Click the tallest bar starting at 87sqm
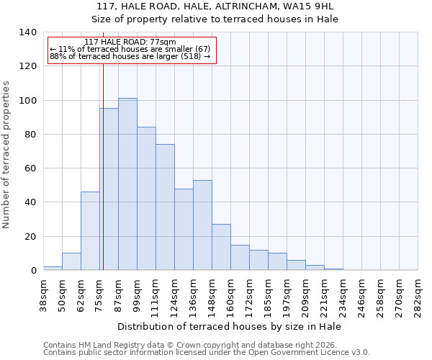click(x=127, y=184)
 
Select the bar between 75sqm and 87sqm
click(x=109, y=189)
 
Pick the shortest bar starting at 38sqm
click(x=53, y=268)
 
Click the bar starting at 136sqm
click(x=202, y=225)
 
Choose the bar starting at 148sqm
click(x=221, y=247)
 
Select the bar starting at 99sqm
click(x=146, y=199)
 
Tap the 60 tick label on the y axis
click(x=30, y=168)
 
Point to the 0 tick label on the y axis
click(x=33, y=271)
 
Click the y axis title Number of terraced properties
click(x=6, y=155)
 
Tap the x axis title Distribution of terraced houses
click(x=230, y=326)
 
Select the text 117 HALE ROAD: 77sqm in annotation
click(x=130, y=42)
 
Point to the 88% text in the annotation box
click(x=57, y=56)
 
